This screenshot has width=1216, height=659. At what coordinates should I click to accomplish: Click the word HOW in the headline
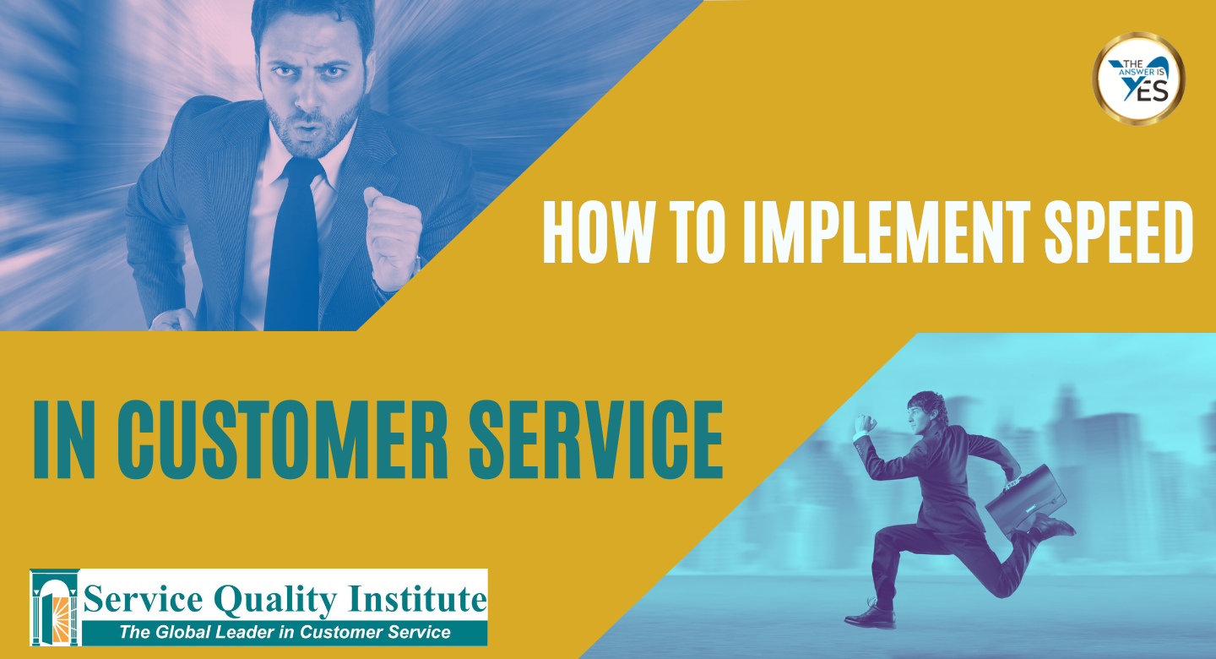click(x=600, y=232)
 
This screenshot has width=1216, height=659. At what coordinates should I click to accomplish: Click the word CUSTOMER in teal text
click(x=282, y=439)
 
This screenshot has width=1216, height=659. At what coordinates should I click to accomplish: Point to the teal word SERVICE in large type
click(x=595, y=439)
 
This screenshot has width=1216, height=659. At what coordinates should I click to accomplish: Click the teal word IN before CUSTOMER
click(x=64, y=439)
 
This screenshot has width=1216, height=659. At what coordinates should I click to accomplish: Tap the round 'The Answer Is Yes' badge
click(x=1138, y=79)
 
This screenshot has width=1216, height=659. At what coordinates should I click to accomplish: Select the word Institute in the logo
click(x=417, y=599)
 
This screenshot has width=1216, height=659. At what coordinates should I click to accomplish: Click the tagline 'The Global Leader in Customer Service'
click(x=285, y=632)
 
